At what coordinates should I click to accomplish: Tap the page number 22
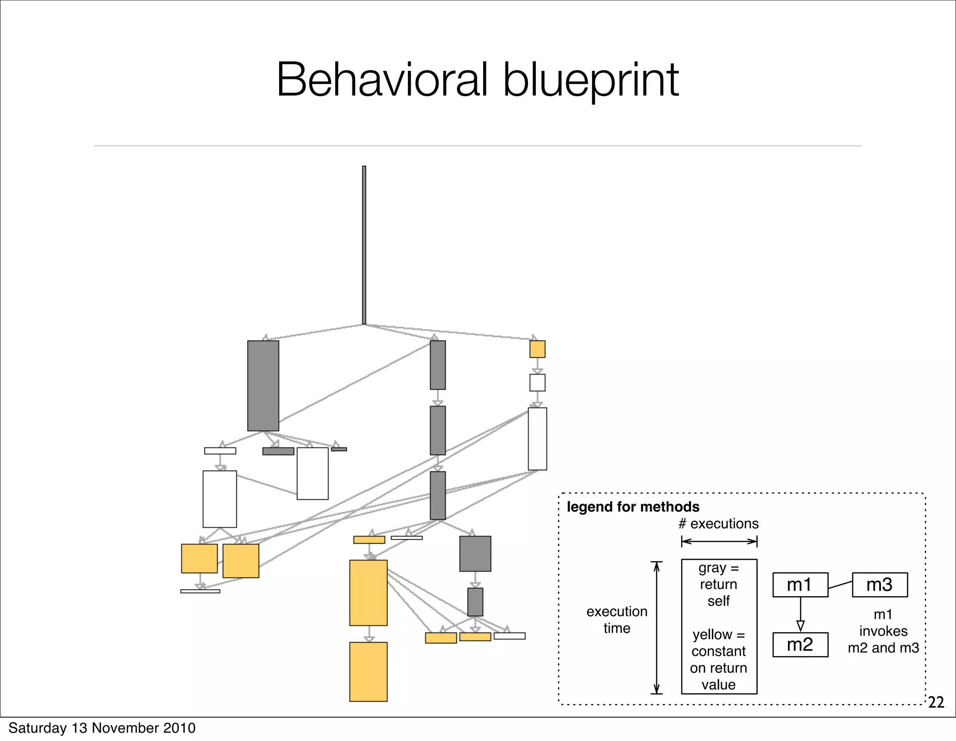click(935, 702)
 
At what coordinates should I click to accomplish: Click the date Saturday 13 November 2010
click(102, 728)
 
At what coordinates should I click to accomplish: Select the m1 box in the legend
click(800, 585)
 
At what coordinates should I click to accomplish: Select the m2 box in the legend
click(800, 645)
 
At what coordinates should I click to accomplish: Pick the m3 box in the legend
click(879, 585)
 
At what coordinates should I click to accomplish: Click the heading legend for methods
click(633, 507)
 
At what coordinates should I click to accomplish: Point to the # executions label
click(718, 524)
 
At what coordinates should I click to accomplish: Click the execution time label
click(617, 620)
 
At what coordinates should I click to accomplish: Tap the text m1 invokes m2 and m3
click(883, 631)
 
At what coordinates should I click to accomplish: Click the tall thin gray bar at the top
click(364, 245)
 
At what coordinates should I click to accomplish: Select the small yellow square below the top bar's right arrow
click(537, 349)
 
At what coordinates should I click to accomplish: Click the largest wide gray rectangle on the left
click(263, 386)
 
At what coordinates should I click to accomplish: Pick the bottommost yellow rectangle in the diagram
click(368, 671)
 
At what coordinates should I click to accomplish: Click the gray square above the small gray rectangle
click(475, 554)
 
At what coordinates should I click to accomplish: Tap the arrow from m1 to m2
click(801, 614)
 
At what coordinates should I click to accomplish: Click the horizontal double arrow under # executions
click(719, 542)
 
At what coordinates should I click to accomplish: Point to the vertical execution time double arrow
click(656, 628)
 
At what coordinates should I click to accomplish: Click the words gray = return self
click(718, 584)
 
